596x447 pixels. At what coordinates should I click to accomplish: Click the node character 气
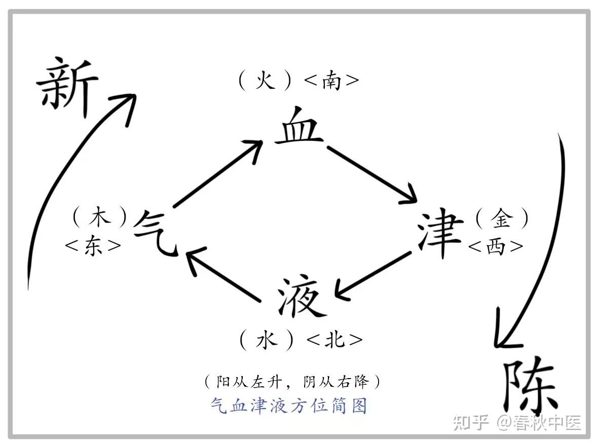click(x=155, y=233)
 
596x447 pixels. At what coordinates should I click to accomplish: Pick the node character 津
click(x=440, y=234)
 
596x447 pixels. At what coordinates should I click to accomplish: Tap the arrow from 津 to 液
click(x=372, y=274)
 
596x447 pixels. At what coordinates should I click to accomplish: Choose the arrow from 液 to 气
click(x=223, y=276)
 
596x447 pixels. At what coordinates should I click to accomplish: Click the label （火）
click(x=265, y=81)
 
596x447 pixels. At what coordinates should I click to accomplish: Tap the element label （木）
click(x=99, y=218)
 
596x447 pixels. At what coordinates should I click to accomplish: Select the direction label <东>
click(x=93, y=246)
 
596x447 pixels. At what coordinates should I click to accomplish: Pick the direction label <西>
click(x=496, y=246)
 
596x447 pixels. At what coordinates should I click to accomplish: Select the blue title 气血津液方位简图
click(x=288, y=405)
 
